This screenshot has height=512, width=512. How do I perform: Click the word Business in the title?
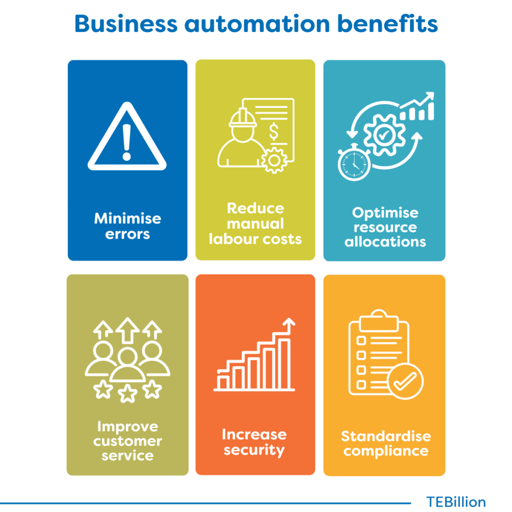pos(126,23)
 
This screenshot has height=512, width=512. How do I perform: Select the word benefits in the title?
pos(387,23)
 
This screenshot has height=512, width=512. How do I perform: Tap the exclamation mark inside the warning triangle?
pos(126,142)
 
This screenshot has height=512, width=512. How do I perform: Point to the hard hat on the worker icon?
pos(242,117)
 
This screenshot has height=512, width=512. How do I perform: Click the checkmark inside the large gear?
pos(384,134)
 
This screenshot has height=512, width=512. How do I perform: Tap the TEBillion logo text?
pos(456,502)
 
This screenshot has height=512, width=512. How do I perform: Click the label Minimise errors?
pos(127,226)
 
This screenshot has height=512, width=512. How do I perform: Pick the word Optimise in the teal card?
pos(385,213)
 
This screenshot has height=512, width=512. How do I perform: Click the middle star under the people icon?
pos(127,393)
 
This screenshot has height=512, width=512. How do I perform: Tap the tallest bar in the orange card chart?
pos(284,364)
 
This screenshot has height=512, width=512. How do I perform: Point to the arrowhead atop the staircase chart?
pos(288,322)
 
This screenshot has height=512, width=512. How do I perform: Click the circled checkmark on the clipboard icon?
pos(405,381)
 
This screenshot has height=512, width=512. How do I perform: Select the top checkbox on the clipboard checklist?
pos(361,341)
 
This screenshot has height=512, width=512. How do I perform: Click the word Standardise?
pos(386,436)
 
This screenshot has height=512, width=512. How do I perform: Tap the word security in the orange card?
pos(254,450)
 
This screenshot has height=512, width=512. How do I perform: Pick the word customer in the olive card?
pos(127,441)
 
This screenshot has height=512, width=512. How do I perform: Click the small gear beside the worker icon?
pos(274,160)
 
